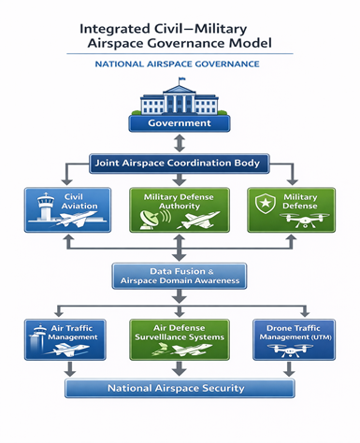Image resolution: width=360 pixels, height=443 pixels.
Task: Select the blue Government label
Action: tap(180, 122)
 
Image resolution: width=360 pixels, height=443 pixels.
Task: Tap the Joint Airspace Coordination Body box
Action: tap(180, 163)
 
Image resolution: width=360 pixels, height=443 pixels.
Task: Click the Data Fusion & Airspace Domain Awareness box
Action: tap(180, 275)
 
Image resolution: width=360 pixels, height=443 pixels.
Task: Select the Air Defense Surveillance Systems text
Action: tap(180, 334)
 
